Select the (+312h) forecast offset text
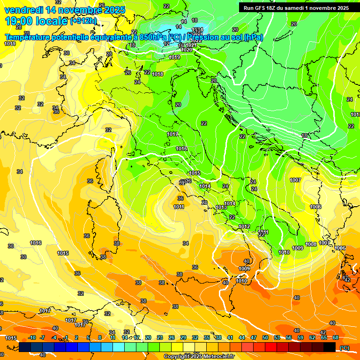tap(84, 21)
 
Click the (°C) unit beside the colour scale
tap(344, 348)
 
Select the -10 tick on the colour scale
tap(32, 337)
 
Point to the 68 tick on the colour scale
tap(336, 337)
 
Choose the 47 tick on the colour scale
tap(254, 337)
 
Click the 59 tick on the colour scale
tap(300, 337)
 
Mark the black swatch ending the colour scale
tap(330, 347)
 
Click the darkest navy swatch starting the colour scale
tap(25, 347)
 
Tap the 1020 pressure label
tap(187, 50)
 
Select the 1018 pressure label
tap(157, 74)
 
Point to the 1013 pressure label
tap(221, 207)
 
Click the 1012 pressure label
tap(244, 226)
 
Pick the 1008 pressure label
tap(311, 244)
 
